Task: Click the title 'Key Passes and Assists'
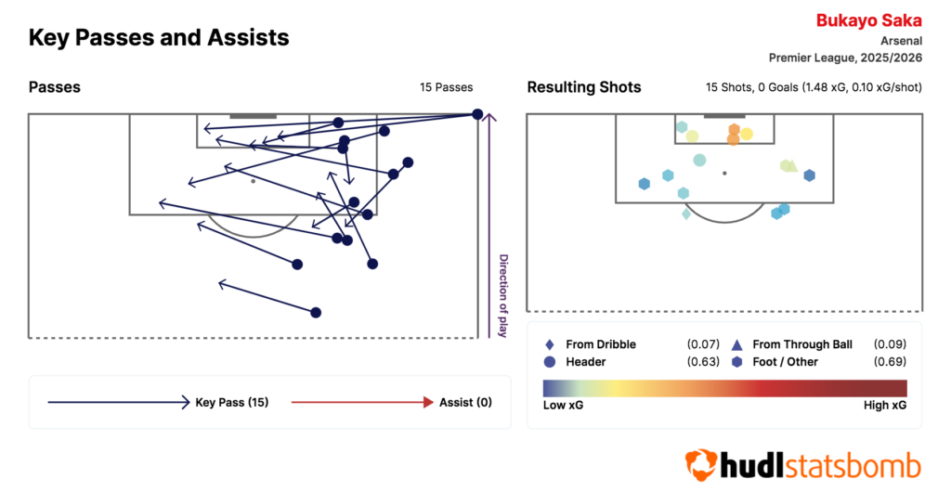(159, 38)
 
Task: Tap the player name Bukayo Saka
(868, 20)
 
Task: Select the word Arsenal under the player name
(901, 41)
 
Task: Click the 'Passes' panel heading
(55, 87)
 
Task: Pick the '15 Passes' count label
(446, 87)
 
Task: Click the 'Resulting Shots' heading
(584, 87)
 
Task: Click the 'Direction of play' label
(503, 295)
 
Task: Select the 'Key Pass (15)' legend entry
(231, 402)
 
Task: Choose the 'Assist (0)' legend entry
(464, 402)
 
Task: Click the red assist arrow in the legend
(362, 402)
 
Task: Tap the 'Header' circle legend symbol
(551, 362)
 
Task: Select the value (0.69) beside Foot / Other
(890, 362)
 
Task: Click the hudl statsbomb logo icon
(699, 463)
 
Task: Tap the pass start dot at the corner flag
(477, 114)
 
